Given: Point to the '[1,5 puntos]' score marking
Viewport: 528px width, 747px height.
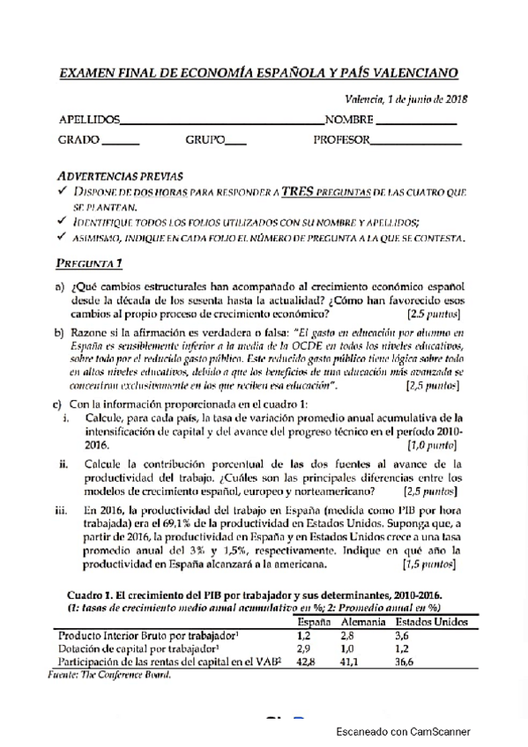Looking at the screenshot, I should coord(430,565).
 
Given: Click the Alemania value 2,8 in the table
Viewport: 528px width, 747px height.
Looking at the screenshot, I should coord(348,635).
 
